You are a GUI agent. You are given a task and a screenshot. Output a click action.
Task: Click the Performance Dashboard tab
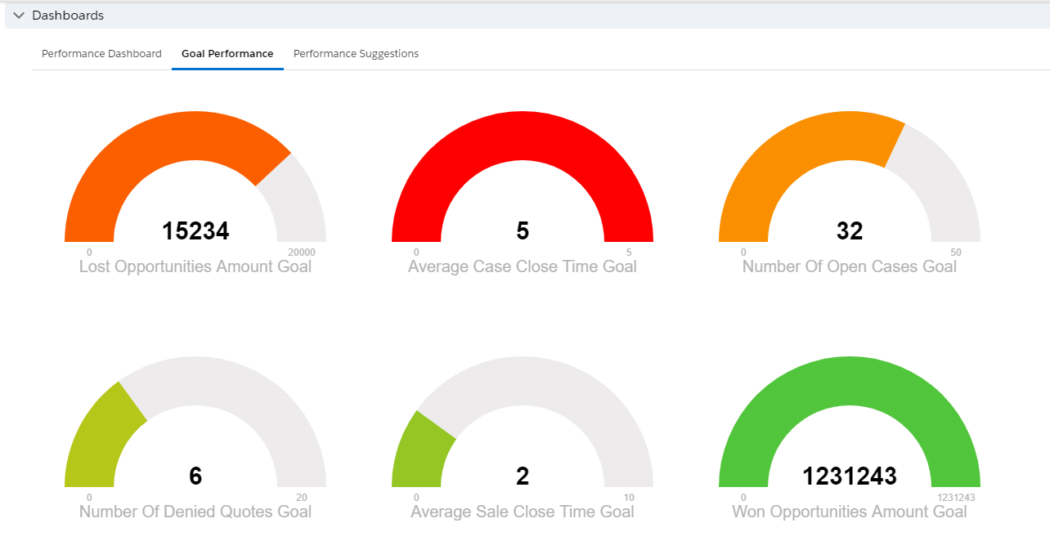pyautogui.click(x=101, y=54)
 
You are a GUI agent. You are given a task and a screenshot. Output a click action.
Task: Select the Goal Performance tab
pyautogui.click(x=227, y=54)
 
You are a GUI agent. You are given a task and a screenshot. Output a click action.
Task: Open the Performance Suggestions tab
pyautogui.click(x=356, y=54)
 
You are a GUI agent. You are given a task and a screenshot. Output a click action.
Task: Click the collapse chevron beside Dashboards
pyautogui.click(x=19, y=16)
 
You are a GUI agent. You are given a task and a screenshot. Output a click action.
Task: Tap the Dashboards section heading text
pyautogui.click(x=68, y=16)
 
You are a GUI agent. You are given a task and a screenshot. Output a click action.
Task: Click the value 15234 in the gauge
pyautogui.click(x=195, y=231)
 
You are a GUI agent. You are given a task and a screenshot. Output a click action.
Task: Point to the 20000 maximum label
pyautogui.click(x=302, y=253)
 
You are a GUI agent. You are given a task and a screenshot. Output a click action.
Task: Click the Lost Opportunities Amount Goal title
pyautogui.click(x=195, y=266)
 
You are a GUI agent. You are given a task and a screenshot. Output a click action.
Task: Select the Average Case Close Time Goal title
pyautogui.click(x=523, y=266)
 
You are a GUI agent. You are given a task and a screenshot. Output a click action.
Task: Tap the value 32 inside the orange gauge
pyautogui.click(x=850, y=231)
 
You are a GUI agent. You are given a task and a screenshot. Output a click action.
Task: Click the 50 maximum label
pyautogui.click(x=956, y=253)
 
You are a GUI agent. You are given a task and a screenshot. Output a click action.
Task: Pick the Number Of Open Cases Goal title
pyautogui.click(x=850, y=266)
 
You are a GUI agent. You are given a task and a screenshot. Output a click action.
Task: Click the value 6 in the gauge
pyautogui.click(x=195, y=476)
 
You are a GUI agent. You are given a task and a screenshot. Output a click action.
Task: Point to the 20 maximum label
pyautogui.click(x=302, y=498)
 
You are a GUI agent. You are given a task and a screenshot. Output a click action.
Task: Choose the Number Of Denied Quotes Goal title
pyautogui.click(x=195, y=512)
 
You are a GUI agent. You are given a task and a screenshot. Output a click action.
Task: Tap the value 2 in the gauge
pyautogui.click(x=523, y=476)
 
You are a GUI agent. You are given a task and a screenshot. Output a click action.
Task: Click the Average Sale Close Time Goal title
pyautogui.click(x=523, y=512)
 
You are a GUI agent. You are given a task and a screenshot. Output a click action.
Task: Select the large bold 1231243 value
pyautogui.click(x=850, y=476)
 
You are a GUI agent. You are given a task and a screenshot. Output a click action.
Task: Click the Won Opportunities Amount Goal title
pyautogui.click(x=850, y=512)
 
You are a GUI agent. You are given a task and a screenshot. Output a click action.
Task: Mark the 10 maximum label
pyautogui.click(x=629, y=498)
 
